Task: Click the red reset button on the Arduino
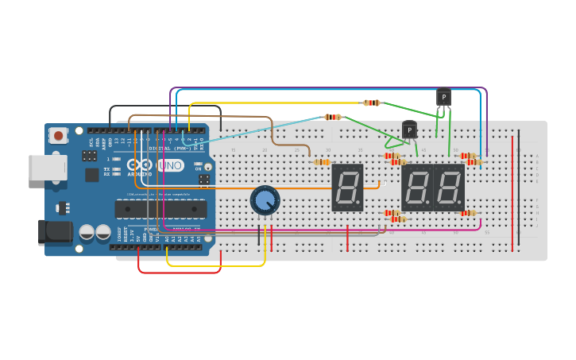[x=58, y=137]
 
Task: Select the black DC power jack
[x=56, y=231]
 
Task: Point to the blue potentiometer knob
[x=265, y=199]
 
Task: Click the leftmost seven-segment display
[x=347, y=188]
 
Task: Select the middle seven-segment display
[x=416, y=188]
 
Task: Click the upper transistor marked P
[x=443, y=98]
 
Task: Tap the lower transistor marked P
[x=409, y=130]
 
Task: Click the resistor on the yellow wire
[x=371, y=103]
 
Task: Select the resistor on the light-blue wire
[x=333, y=117]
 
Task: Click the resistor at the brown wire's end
[x=322, y=162]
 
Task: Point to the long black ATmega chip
[x=161, y=208]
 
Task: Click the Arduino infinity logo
[x=143, y=165]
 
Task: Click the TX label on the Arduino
[x=107, y=168]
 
